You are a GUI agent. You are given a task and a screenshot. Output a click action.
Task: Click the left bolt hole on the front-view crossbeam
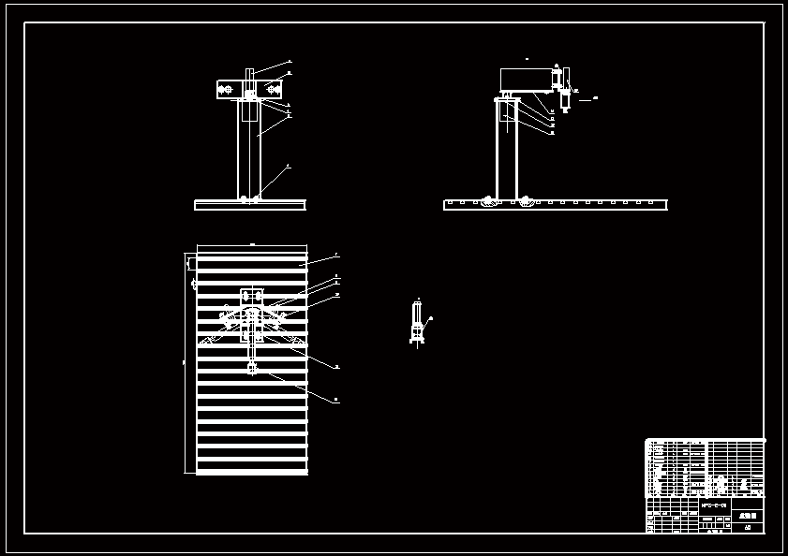coord(225,90)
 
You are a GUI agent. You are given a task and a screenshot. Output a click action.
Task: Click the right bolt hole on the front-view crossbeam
coord(274,90)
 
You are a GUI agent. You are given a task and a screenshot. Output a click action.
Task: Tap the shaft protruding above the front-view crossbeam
coord(249,75)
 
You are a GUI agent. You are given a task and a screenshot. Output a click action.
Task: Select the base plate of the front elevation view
coord(249,205)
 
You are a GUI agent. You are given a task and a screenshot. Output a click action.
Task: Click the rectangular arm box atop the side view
coord(525,80)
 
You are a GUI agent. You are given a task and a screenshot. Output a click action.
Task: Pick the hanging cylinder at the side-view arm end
coord(565,98)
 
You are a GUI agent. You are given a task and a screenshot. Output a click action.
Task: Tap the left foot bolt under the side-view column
coord(489,199)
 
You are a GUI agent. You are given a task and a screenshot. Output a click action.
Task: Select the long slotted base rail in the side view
coord(600,205)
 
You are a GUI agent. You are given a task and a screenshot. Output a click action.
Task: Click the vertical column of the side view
coord(507,150)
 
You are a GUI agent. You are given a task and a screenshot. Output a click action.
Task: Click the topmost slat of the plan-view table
coord(251,256)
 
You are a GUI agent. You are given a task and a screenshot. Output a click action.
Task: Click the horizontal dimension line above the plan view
coord(251,245)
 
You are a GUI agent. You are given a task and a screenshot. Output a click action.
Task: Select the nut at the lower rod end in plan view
coord(251,369)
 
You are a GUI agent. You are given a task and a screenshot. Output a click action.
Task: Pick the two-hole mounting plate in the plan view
coord(251,296)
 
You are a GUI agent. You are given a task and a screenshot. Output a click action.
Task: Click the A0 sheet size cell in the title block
coord(747,527)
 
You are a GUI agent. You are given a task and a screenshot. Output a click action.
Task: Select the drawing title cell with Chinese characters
coord(747,515)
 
